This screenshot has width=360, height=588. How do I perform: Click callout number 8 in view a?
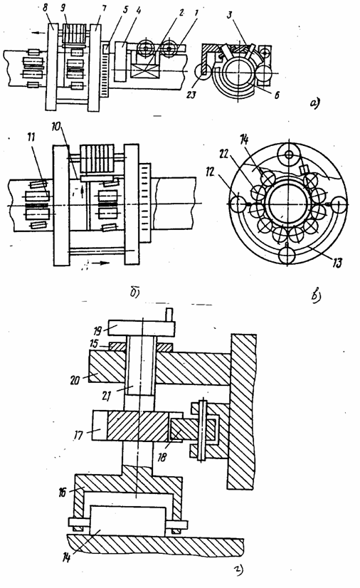click(x=46, y=8)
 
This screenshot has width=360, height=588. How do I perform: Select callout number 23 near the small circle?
click(x=191, y=94)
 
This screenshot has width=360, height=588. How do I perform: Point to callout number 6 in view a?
click(x=277, y=95)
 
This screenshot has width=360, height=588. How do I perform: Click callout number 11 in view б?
click(x=32, y=137)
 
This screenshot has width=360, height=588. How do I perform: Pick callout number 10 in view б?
click(x=55, y=127)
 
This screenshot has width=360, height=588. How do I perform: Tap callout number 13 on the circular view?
click(x=337, y=263)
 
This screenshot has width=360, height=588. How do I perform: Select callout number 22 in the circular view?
click(x=224, y=155)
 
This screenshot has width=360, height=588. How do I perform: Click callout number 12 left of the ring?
click(x=211, y=172)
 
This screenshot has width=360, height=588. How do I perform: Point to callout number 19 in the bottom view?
click(x=97, y=331)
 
